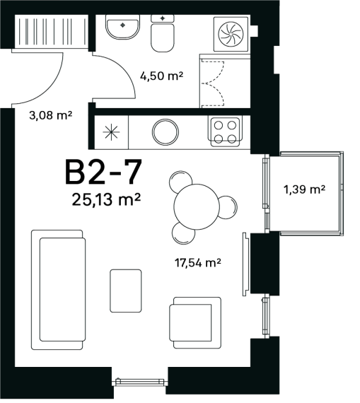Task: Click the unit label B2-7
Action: (x=103, y=172)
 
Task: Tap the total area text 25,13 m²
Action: (x=106, y=199)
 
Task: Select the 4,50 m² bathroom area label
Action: (x=161, y=76)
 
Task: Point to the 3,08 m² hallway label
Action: (x=50, y=115)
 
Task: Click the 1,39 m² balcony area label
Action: (x=304, y=189)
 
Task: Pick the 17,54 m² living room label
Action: (x=198, y=263)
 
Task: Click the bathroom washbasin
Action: (x=122, y=27)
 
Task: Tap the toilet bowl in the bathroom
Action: (x=163, y=33)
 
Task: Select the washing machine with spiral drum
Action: (x=231, y=34)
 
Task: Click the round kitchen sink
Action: (x=165, y=132)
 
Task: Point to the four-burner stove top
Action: (x=225, y=132)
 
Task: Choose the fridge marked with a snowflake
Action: (x=111, y=132)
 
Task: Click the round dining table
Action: (x=197, y=206)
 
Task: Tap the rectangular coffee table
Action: (x=126, y=291)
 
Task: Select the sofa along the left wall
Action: (x=59, y=290)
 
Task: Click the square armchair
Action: (x=195, y=323)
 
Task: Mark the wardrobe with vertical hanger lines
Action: (x=52, y=31)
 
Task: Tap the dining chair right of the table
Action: (x=228, y=207)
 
